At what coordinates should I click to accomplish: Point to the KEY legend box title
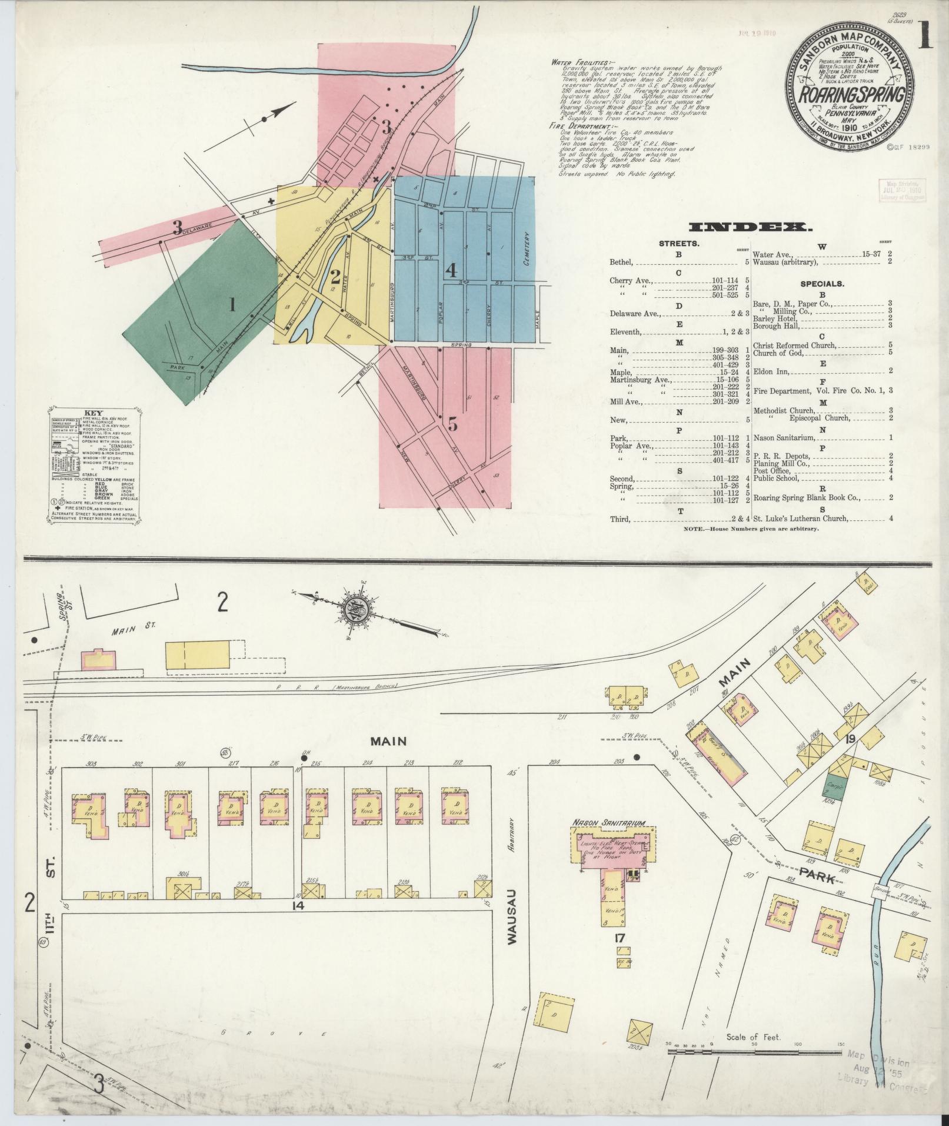(x=93, y=413)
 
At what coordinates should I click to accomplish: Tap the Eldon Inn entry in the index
(x=772, y=371)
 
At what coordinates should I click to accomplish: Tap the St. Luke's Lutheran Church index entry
(x=801, y=519)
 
